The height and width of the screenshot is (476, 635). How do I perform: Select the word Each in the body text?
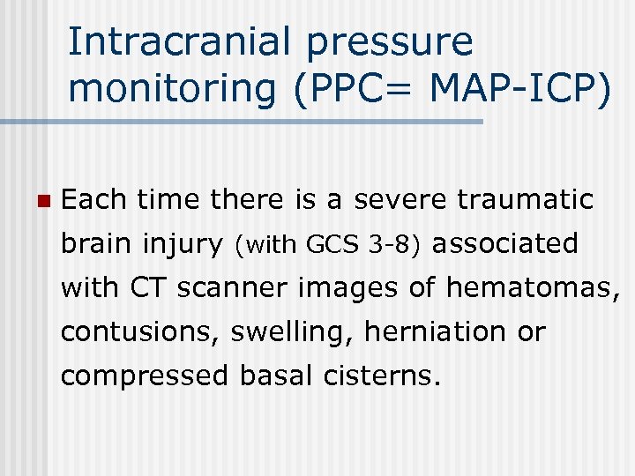[93, 199]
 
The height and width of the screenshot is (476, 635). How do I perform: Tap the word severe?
[400, 199]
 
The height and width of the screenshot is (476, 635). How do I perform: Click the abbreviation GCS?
[329, 244]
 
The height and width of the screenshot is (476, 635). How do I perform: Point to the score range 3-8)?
[392, 244]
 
